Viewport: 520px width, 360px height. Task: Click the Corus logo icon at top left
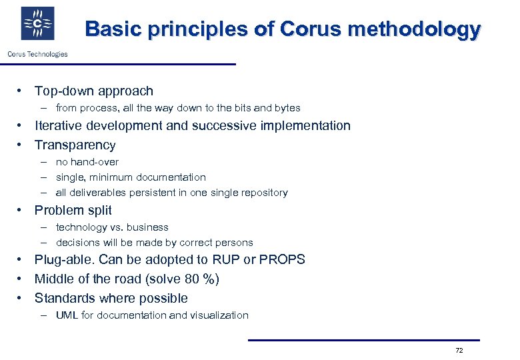(x=37, y=24)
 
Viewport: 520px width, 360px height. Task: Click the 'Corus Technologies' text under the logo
(x=37, y=54)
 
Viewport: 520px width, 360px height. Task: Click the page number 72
(x=459, y=351)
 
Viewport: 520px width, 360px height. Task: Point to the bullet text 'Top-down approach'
(x=93, y=91)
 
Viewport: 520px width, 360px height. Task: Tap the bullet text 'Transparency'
(x=75, y=145)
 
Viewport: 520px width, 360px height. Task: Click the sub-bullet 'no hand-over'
(x=87, y=162)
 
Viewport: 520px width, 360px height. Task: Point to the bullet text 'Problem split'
(x=73, y=211)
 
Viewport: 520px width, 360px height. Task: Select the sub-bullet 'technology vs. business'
(x=111, y=227)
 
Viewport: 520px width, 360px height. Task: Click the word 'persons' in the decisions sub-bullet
(x=234, y=243)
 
